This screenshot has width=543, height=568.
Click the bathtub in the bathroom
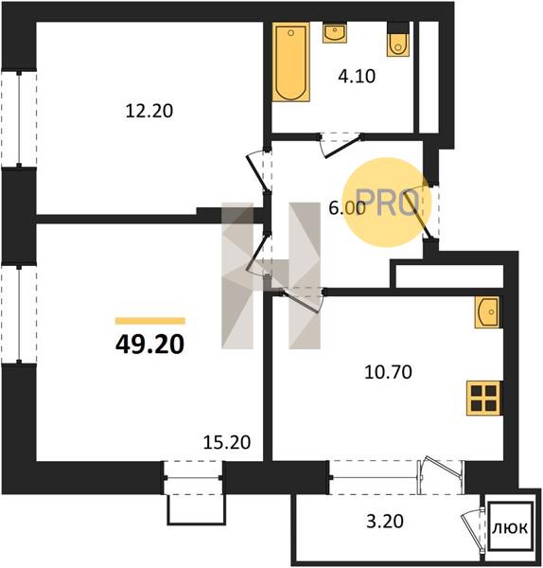click(291, 62)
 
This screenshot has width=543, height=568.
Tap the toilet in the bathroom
click(398, 39)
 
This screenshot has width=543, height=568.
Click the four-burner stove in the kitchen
click(483, 398)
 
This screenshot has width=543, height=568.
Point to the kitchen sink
click(488, 311)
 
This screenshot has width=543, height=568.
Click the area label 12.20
click(149, 111)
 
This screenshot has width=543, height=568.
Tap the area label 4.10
click(357, 77)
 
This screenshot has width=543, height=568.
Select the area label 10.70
click(388, 372)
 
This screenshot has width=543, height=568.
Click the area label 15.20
click(227, 442)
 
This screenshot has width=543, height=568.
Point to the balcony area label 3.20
click(385, 522)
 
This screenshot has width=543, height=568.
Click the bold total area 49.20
click(149, 345)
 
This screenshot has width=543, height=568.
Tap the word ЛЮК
click(510, 528)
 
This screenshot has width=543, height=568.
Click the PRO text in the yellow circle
click(389, 203)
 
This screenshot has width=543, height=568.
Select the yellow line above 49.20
click(150, 321)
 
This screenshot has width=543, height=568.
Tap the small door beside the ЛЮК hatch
click(472, 529)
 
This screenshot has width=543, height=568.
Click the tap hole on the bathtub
click(290, 33)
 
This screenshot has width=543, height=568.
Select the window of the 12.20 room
click(19, 119)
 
